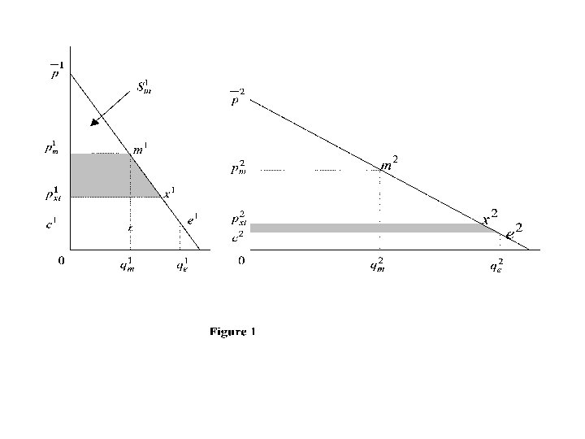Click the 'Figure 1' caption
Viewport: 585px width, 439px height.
[x=232, y=332]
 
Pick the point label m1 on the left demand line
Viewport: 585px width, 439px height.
[x=141, y=148]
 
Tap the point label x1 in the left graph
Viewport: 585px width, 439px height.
[x=170, y=192]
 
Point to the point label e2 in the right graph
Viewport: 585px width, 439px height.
[x=513, y=231]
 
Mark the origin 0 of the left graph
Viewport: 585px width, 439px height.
[x=62, y=261]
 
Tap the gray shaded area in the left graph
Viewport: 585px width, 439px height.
[x=102, y=176]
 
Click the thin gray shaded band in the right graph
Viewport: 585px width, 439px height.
[x=366, y=228]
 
